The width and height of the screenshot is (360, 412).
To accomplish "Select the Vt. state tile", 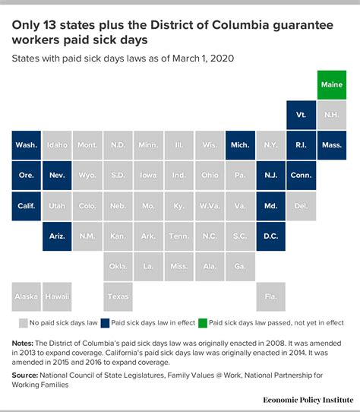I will pyautogui.click(x=301, y=115).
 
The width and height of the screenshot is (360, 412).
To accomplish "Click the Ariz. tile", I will pyautogui.click(x=57, y=236).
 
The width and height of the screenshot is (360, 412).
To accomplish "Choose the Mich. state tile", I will pyautogui.click(x=240, y=145).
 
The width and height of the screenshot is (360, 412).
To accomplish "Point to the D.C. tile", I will pyautogui.click(x=270, y=236).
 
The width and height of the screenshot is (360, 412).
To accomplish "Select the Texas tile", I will pyautogui.click(x=118, y=296).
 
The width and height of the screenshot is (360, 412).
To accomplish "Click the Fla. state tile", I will pyautogui.click(x=270, y=296).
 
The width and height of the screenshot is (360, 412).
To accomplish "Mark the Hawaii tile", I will pyautogui.click(x=57, y=296).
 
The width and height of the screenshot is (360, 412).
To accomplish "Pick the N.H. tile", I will pyautogui.click(x=331, y=115).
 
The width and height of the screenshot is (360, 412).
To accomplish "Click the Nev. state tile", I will pyautogui.click(x=57, y=176).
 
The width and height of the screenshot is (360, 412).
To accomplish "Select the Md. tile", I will pyautogui.click(x=270, y=206).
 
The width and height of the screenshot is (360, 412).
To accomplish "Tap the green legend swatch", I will pyautogui.click(x=203, y=324).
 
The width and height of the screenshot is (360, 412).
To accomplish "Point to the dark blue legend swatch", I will pyautogui.click(x=106, y=324).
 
